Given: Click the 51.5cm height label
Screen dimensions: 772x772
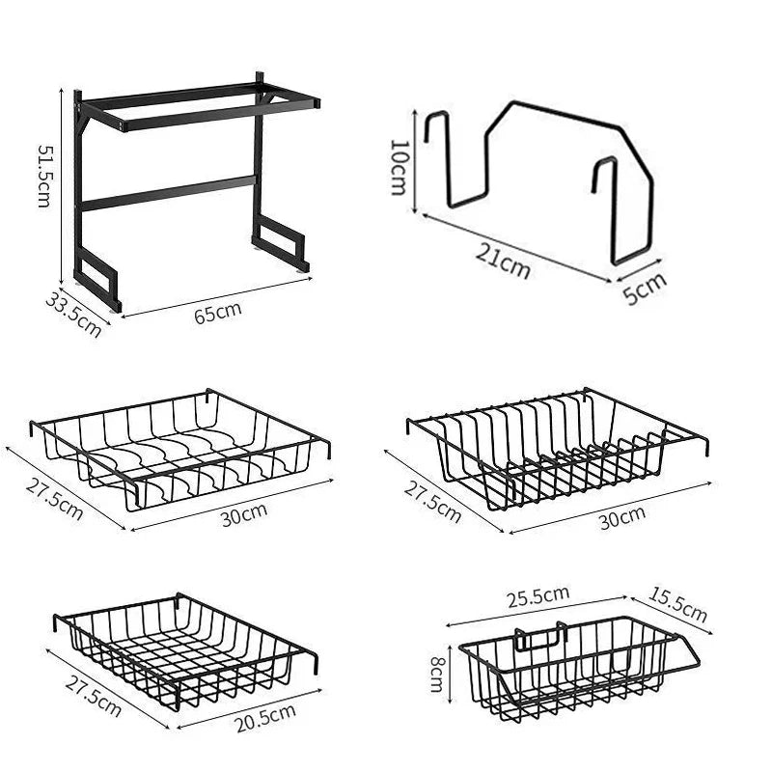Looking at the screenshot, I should (44, 176).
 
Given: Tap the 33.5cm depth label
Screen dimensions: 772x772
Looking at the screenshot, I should (72, 314).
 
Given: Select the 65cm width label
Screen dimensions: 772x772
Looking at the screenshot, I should (218, 312).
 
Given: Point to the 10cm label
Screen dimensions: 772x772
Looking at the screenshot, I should (398, 166).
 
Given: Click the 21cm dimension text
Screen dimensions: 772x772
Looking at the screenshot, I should (503, 261).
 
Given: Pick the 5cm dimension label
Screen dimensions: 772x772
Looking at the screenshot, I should (645, 288).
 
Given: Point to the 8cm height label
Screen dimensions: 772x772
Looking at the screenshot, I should (438, 668).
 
